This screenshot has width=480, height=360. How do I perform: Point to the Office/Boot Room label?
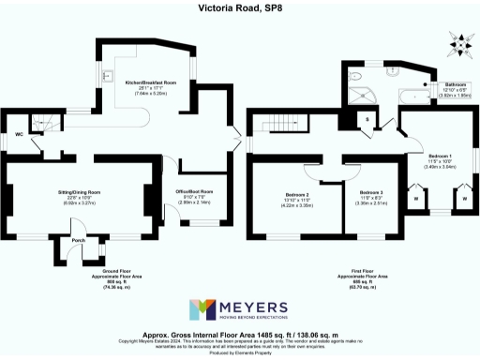click(201, 191)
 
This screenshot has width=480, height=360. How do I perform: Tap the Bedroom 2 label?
click(297, 195)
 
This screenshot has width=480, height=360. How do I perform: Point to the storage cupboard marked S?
click(367, 118)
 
